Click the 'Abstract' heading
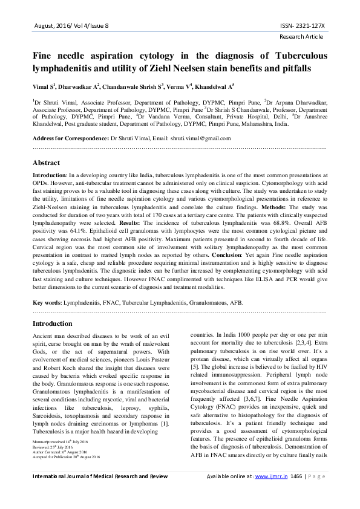click(x=46, y=163)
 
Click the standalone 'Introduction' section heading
click(x=52, y=323)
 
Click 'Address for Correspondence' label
click(x=70, y=138)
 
